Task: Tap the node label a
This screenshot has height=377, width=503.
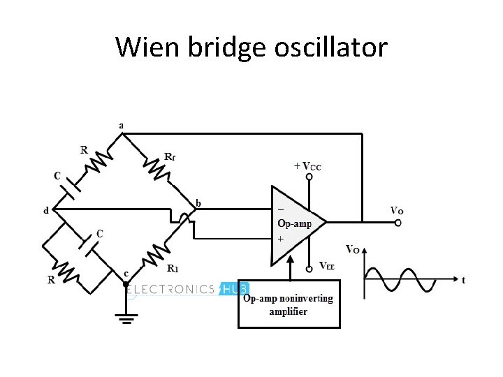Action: point(122,125)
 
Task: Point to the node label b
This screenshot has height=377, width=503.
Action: point(198,203)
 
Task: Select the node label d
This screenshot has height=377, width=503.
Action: point(46,210)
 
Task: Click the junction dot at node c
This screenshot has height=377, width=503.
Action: point(126,285)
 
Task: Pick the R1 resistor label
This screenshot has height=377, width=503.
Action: point(173,267)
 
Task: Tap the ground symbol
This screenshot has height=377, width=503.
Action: point(126,320)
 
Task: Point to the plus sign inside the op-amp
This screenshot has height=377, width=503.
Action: point(281,239)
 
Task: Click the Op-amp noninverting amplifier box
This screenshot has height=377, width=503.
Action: point(289,304)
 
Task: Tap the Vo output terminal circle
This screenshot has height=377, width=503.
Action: point(398,223)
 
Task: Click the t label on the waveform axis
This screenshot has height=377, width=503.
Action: point(463,281)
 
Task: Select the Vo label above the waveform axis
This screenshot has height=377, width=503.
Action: point(353,249)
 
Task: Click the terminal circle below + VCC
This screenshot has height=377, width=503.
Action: point(308,180)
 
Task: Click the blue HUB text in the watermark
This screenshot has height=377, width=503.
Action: point(235,288)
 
